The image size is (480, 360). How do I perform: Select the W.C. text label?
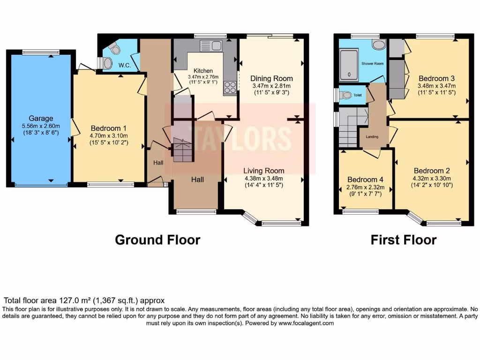coord(124,65)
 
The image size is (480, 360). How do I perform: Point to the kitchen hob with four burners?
coord(230,87)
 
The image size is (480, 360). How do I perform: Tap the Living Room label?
coord(263,171)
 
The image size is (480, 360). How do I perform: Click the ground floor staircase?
coord(183,150)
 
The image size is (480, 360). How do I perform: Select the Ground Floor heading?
coord(157,240)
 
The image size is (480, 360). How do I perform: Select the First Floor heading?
coord(403,240)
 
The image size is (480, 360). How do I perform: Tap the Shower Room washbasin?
coord(378,45)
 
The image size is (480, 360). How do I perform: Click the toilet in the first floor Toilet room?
coord(346,95)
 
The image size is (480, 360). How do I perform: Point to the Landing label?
coord(372,137)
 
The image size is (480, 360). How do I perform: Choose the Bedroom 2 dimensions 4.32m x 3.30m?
coord(431,178)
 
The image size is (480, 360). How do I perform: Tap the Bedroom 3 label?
coord(437,78)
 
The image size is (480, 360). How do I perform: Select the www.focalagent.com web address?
coord(306,323)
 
